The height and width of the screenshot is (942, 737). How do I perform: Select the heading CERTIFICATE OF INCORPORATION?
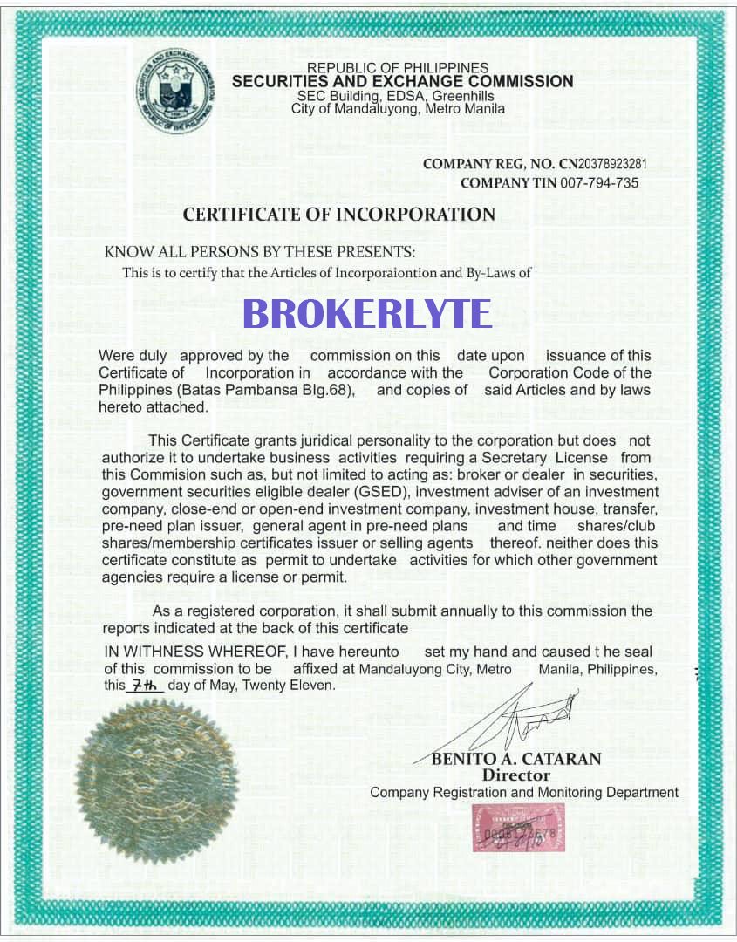[x=338, y=215]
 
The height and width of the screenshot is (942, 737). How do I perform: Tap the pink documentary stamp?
[x=517, y=827]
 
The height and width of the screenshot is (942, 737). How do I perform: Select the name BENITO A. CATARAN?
[x=516, y=759]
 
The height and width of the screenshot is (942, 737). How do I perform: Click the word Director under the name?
[x=516, y=775]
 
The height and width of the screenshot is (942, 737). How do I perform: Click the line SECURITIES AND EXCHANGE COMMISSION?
[x=403, y=82]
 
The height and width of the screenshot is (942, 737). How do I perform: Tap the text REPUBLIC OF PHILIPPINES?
[x=398, y=68]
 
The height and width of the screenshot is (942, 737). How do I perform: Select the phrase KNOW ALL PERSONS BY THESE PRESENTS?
[x=260, y=252]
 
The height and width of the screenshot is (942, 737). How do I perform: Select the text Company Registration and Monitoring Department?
[x=524, y=793]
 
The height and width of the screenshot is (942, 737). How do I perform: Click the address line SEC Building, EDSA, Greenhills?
[x=396, y=96]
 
